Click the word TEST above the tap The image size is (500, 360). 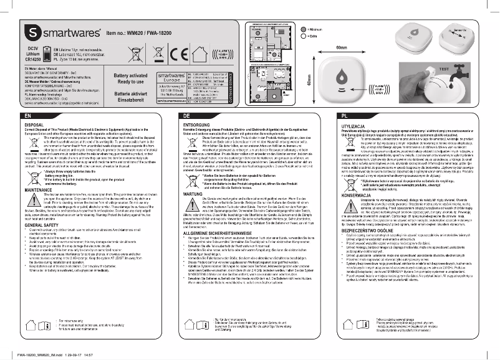coord(463,69)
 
